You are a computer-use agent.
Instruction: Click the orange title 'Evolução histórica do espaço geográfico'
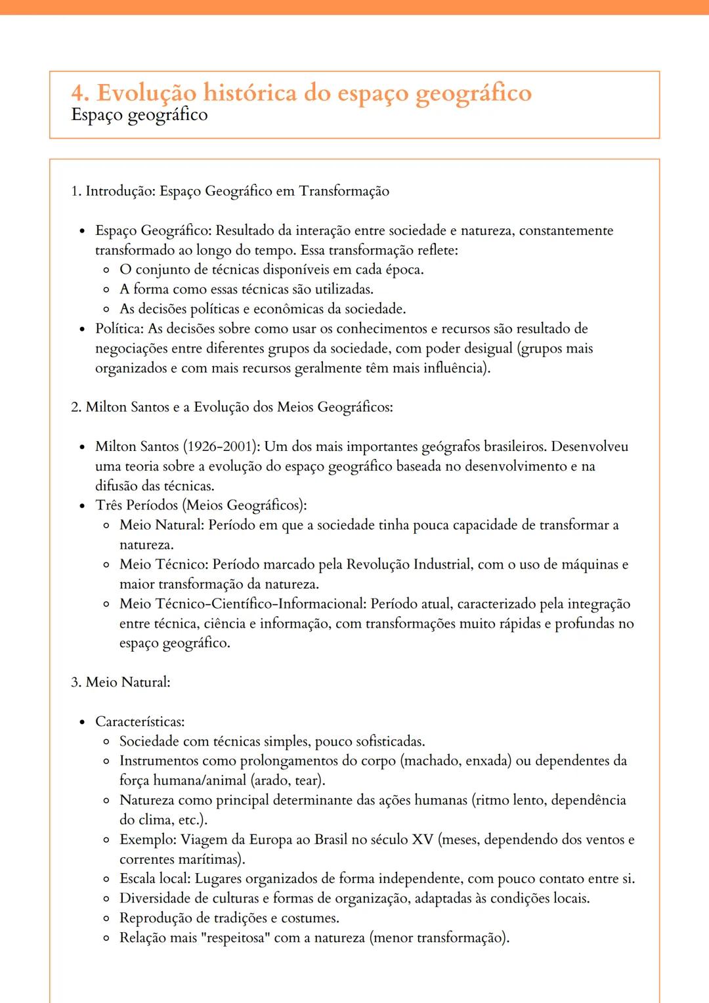click(314, 93)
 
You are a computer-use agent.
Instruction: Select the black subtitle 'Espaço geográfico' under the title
click(139, 115)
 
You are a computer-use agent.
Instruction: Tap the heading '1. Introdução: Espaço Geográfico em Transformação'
click(230, 191)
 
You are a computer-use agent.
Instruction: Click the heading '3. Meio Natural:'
click(120, 682)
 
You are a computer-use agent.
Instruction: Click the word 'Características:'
click(140, 721)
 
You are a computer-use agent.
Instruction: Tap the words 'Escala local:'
click(155, 879)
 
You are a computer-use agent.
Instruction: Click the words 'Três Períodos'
click(137, 505)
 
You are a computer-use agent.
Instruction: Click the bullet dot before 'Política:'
click(82, 329)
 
